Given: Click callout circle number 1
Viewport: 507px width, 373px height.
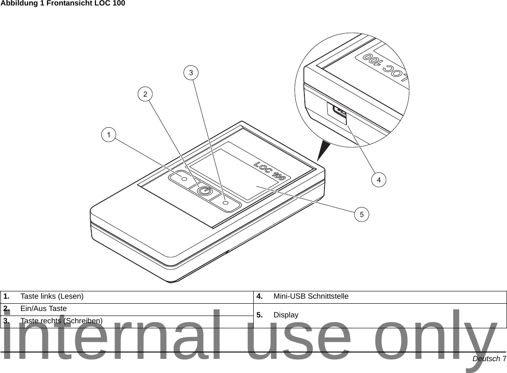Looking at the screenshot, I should coord(109,135).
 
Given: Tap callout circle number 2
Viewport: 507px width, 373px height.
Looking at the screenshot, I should coord(145,94).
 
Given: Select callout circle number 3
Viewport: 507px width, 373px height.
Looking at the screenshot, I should coord(191,73).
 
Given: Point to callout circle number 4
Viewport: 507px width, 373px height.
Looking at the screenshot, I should coord(378,180).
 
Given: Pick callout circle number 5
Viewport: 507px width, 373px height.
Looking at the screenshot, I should coord(361,213).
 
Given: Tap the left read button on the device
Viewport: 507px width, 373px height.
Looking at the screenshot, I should coord(184,179).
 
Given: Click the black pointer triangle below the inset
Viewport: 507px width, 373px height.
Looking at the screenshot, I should coord(326,150).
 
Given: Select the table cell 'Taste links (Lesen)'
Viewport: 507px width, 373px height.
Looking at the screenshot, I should coord(52,296).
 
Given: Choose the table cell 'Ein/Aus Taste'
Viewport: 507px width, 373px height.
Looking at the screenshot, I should coord(43,309).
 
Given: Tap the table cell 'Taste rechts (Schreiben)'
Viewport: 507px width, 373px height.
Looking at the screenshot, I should coord(61,321).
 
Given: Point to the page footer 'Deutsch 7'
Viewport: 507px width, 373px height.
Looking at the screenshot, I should coord(489,359).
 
